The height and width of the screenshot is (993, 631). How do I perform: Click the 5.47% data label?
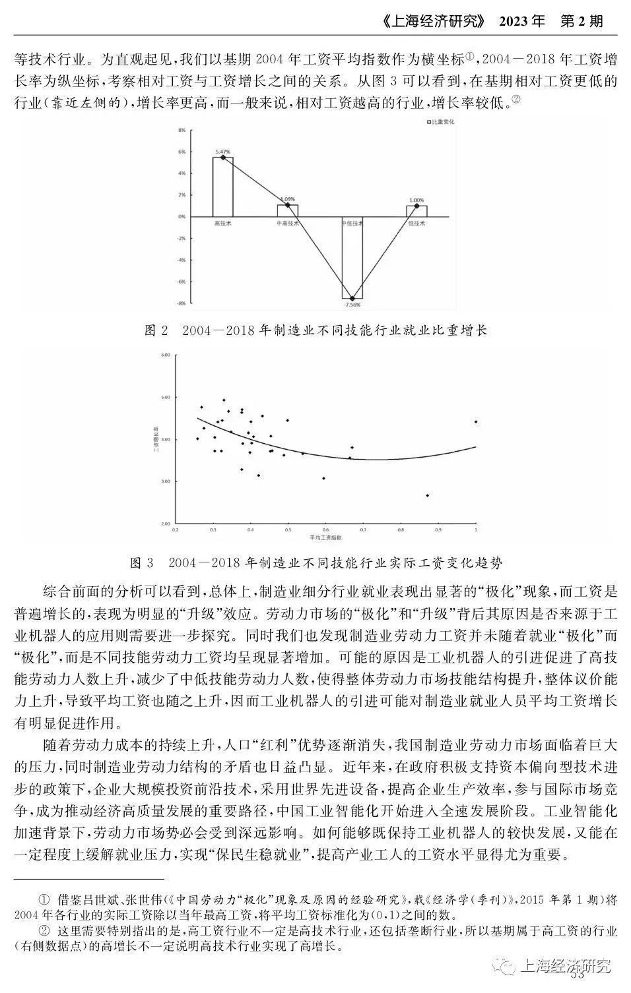[222, 152]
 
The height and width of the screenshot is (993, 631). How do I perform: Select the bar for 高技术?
[222, 187]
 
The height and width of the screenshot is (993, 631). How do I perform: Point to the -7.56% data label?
[352, 305]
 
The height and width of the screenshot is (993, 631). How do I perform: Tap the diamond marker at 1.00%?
[416, 206]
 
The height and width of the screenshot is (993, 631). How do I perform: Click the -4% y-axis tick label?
[182, 260]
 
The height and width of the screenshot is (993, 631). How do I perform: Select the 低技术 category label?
[416, 224]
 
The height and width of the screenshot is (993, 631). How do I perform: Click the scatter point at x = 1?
[476, 421]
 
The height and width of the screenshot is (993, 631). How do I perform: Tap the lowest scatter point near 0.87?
[428, 495]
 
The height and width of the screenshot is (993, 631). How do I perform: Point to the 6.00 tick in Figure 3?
[164, 355]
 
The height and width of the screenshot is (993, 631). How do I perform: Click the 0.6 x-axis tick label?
[325, 529]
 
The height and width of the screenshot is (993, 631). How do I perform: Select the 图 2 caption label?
[156, 330]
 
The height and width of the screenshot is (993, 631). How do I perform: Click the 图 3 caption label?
[142, 562]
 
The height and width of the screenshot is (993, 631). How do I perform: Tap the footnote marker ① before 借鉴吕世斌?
[45, 899]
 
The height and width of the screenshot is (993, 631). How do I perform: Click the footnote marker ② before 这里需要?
[45, 931]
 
